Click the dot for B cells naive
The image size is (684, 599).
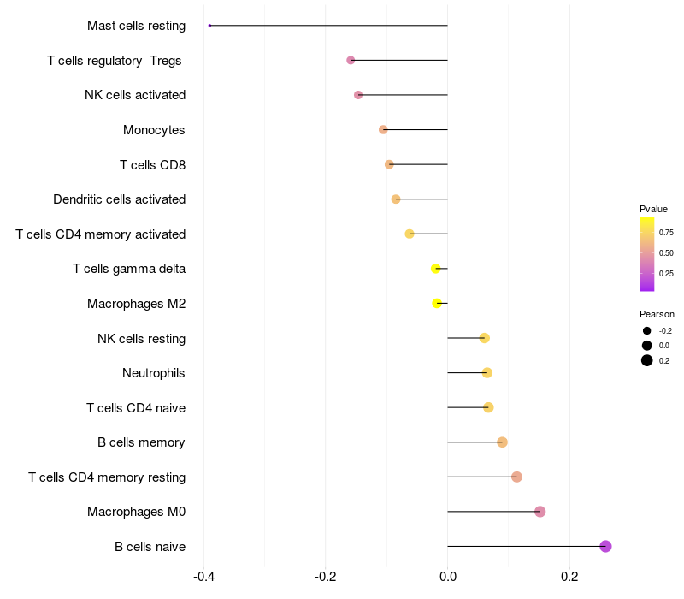pyautogui.click(x=605, y=546)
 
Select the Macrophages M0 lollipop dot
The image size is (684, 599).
pyautogui.click(x=540, y=512)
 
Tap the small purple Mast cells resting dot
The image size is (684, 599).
pyautogui.click(x=209, y=26)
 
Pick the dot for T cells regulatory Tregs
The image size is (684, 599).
pyautogui.click(x=351, y=60)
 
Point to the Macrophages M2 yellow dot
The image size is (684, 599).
pyautogui.click(x=437, y=303)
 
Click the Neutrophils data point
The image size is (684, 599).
pyautogui.click(x=486, y=372)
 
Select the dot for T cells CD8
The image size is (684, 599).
pyautogui.click(x=389, y=164)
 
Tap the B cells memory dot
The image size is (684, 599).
pyautogui.click(x=502, y=442)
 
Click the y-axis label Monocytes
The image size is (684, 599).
pyautogui.click(x=154, y=130)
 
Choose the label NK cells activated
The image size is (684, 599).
pyautogui.click(x=135, y=95)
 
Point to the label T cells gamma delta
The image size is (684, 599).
pyautogui.click(x=129, y=269)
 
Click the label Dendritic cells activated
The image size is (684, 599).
pyautogui.click(x=119, y=199)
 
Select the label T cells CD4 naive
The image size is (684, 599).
pyautogui.click(x=136, y=407)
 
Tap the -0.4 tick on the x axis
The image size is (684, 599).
pyautogui.click(x=203, y=577)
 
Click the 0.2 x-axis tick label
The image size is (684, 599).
pyautogui.click(x=569, y=577)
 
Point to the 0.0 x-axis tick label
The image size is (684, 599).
pyautogui.click(x=447, y=577)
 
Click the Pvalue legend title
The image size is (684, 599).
pyautogui.click(x=653, y=209)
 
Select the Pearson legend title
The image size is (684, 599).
pyautogui.click(x=657, y=314)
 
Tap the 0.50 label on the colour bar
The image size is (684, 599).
pyautogui.click(x=666, y=253)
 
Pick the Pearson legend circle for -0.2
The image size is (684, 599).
pyautogui.click(x=647, y=330)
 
